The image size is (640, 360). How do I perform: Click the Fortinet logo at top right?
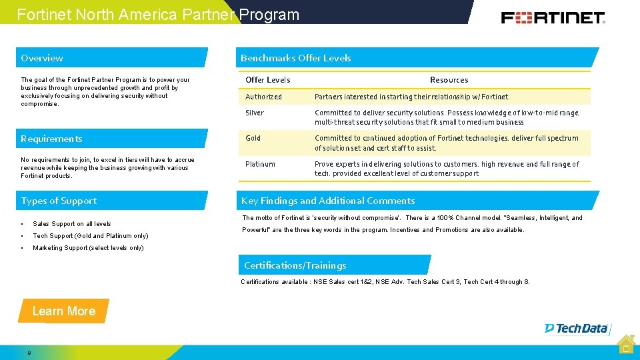553,17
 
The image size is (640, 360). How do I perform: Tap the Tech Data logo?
576,328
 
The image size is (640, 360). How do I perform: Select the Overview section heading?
42,58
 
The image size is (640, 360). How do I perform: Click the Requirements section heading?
51,139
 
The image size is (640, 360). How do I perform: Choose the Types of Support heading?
59,201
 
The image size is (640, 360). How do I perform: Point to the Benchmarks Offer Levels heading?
295,58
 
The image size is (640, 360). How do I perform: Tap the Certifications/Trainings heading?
295,265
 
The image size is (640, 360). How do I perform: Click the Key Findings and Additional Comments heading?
328,201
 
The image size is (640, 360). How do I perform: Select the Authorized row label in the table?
264,97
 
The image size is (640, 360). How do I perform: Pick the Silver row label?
255,113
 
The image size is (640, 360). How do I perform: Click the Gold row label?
253,138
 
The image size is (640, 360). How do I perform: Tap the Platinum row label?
260,164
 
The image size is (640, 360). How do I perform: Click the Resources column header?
449,80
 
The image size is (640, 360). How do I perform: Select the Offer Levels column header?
268,80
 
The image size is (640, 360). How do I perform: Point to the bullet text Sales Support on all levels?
72,224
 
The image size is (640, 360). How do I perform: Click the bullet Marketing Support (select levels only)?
88,248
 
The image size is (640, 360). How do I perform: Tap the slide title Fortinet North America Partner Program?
158,15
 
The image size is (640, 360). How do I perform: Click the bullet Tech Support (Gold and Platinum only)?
91,236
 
